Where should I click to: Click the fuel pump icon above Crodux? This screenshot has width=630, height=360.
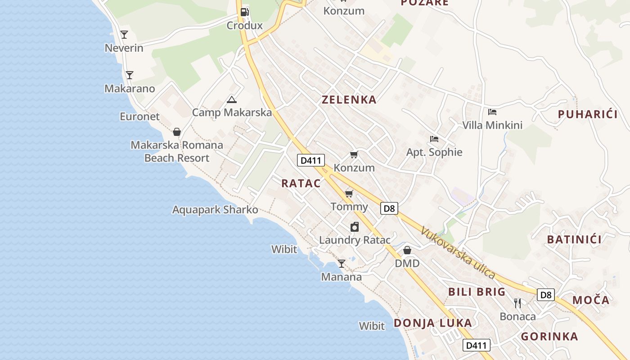pyautogui.click(x=244, y=12)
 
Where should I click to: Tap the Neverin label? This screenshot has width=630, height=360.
pyautogui.click(x=124, y=48)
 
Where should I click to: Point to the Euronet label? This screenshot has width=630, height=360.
pyautogui.click(x=139, y=116)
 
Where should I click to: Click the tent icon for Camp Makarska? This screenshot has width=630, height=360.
pyautogui.click(x=231, y=99)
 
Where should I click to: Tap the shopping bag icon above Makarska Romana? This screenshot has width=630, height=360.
pyautogui.click(x=177, y=132)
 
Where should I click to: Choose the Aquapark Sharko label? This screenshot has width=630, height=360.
pyautogui.click(x=215, y=210)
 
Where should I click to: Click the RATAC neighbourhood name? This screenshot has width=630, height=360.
pyautogui.click(x=301, y=183)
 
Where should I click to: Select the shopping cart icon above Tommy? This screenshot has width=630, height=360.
pyautogui.click(x=349, y=194)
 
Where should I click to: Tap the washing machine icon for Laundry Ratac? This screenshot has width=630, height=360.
pyautogui.click(x=355, y=227)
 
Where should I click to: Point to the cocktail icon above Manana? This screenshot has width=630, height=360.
pyautogui.click(x=342, y=264)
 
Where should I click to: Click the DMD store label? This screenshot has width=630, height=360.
pyautogui.click(x=407, y=263)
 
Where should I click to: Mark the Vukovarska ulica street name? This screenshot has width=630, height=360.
pyautogui.click(x=458, y=253)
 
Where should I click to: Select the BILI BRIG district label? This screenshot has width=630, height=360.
pyautogui.click(x=477, y=292)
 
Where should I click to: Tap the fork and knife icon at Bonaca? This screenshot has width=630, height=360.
pyautogui.click(x=517, y=303)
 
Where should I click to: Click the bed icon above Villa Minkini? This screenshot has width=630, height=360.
pyautogui.click(x=492, y=112)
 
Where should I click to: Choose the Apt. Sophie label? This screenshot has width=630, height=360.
pyautogui.click(x=434, y=152)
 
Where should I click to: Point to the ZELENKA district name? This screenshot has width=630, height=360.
pyautogui.click(x=349, y=99)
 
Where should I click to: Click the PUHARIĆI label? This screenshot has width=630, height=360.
pyautogui.click(x=588, y=114)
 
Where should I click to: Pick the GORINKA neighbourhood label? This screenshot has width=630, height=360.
pyautogui.click(x=549, y=336)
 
